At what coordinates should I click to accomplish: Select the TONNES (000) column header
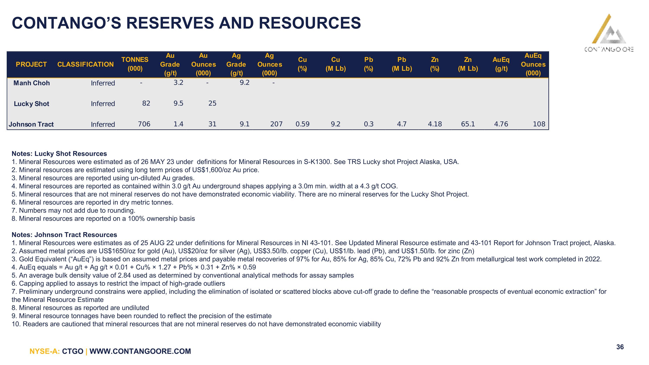tap(135, 64)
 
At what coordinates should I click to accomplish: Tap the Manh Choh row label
tap(32, 83)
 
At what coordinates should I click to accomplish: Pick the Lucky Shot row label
tap(32, 104)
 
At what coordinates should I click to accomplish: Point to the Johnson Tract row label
tap(31, 124)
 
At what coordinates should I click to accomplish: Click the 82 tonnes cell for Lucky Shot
tap(146, 103)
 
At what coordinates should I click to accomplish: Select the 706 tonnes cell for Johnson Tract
tap(144, 124)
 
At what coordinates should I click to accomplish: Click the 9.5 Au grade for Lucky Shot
tap(178, 103)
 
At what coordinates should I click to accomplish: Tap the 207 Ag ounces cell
tap(276, 124)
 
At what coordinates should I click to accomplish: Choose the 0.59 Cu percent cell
tap(303, 124)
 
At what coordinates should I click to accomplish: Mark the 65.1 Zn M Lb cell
tap(468, 124)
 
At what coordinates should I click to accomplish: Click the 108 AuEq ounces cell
tap(539, 124)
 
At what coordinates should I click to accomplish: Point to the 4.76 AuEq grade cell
tap(501, 124)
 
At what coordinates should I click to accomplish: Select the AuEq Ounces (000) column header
tap(533, 64)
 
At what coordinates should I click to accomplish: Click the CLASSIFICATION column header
tap(85, 64)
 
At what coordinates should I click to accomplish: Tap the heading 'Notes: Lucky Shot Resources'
tap(59, 154)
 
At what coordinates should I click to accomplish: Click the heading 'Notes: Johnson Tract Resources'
tap(64, 235)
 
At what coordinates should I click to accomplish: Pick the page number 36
tap(620, 347)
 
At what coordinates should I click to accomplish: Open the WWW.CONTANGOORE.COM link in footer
tap(140, 351)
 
